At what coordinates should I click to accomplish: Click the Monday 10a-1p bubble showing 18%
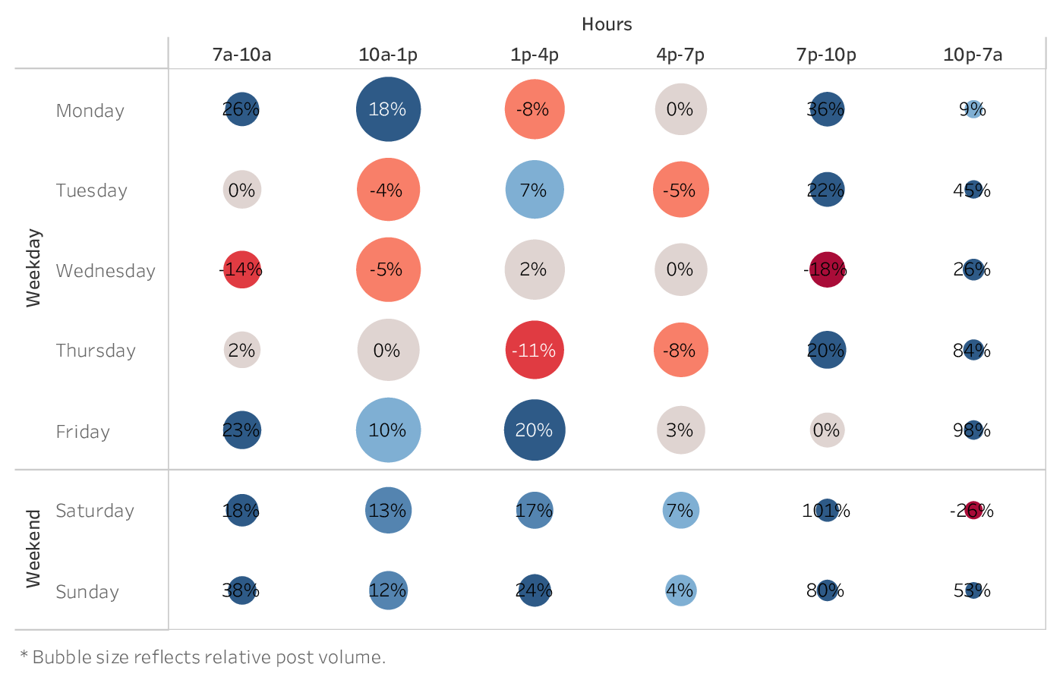pos(388,109)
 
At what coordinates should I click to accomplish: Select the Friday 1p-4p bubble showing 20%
pos(535,430)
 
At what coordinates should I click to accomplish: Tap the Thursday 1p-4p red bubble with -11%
pos(535,350)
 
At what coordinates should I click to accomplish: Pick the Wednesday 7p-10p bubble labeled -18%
pos(827,269)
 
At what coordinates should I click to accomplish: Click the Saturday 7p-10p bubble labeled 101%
pos(827,510)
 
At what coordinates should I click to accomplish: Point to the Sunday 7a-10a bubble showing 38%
pos(241,590)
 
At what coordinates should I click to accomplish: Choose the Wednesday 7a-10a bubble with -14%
pos(241,269)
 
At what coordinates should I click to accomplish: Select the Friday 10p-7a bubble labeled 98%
pos(973,430)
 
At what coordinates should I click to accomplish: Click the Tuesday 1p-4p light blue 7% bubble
pos(535,190)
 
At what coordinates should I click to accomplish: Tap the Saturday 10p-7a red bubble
pos(973,510)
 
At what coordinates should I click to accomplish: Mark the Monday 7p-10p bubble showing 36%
pos(827,109)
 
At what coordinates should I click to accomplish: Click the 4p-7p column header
pos(680,55)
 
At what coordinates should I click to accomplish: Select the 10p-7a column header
pos(973,55)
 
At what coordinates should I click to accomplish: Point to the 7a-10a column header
pos(241,55)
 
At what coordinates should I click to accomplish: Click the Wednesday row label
pos(106,271)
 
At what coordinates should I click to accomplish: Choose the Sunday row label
pos(87,592)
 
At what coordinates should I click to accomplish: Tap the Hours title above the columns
pos(607,24)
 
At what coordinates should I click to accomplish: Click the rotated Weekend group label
pos(33,549)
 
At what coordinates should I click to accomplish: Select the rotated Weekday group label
pos(33,268)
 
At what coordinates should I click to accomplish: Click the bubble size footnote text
pos(203,657)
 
